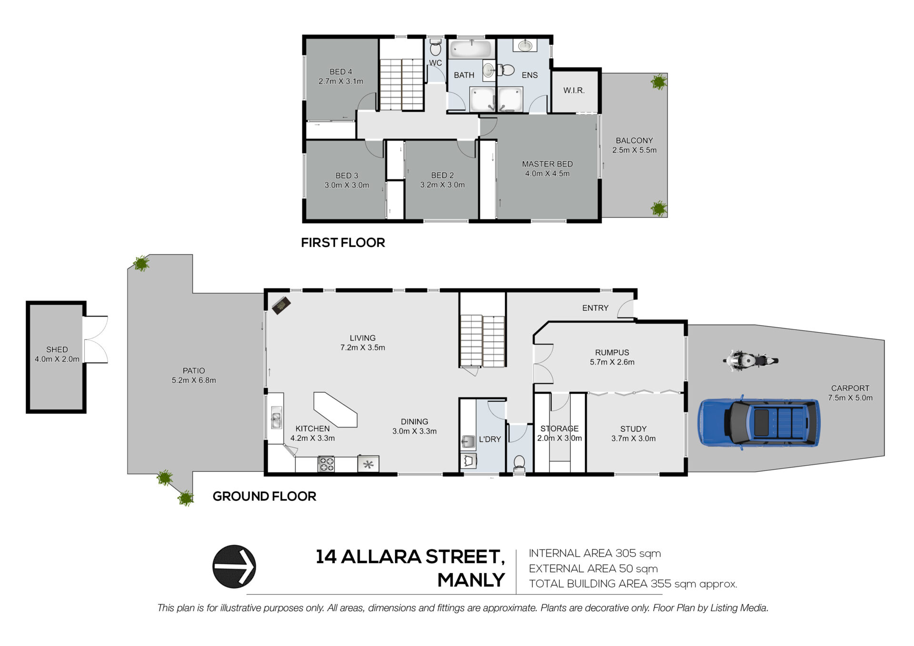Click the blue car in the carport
tap(759, 423)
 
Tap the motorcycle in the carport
tap(750, 360)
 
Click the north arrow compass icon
tap(234, 566)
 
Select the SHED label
tap(57, 349)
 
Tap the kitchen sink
tap(276, 417)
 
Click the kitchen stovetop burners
tap(326, 464)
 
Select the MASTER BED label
tap(547, 164)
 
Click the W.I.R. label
tap(574, 90)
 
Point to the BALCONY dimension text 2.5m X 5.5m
tap(635, 150)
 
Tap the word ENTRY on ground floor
tap(595, 308)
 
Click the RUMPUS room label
tap(612, 352)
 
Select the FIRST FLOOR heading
tap(343, 242)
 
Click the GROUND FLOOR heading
tap(264, 496)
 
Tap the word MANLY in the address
tap(471, 580)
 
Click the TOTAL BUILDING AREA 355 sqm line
tap(633, 584)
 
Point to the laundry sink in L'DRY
tap(468, 442)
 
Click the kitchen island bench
tap(335, 409)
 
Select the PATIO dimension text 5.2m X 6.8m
tap(194, 380)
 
